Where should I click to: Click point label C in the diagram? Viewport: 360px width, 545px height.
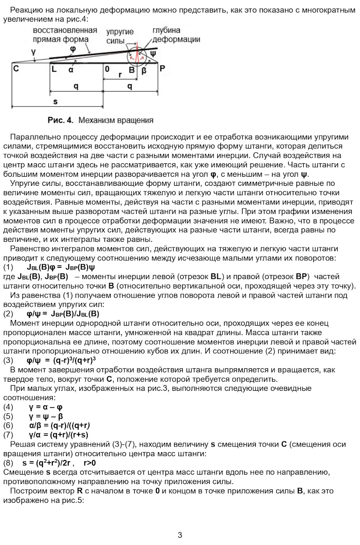[16, 69]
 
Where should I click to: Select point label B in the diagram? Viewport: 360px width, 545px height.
[132, 70]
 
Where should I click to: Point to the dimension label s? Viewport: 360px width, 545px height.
[55, 101]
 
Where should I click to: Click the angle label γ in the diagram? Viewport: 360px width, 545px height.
[34, 51]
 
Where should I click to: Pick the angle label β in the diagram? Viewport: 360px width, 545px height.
[144, 70]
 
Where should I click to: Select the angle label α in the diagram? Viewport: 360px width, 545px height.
[71, 69]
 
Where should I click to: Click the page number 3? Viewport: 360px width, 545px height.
[180, 535]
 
